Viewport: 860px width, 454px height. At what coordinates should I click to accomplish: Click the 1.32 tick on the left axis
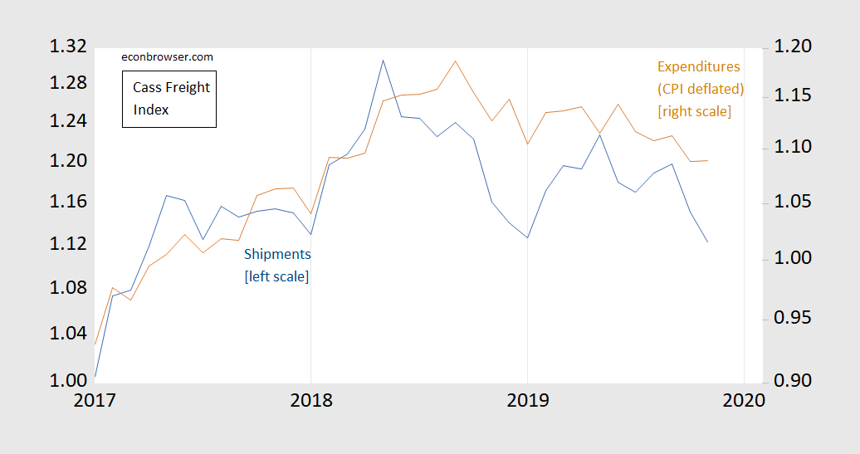pos(68,46)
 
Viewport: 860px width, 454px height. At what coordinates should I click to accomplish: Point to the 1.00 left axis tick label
pos(68,380)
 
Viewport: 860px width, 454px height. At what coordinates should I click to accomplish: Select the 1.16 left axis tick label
pos(68,201)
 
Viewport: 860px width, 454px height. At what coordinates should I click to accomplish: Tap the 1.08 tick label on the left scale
pos(68,287)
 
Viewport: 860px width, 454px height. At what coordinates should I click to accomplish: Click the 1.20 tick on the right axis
pos(793,46)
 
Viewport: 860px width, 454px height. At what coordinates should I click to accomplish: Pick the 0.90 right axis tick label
pos(793,380)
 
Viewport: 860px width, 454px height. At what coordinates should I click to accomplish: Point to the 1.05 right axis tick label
pos(793,202)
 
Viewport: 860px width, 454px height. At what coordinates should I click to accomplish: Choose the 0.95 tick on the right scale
pos(793,318)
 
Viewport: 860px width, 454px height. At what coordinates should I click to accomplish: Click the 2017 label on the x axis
pos(95,400)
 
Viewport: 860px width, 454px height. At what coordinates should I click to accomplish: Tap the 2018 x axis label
pos(311,400)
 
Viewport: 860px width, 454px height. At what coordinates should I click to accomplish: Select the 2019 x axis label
pos(528,400)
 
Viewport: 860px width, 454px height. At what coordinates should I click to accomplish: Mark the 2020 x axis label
pos(744,400)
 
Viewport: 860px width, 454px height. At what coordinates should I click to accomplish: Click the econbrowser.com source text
pos(168,57)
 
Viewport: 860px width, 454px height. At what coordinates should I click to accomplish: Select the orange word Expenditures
pos(699,67)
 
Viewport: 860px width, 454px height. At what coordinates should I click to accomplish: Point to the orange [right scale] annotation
pos(694,111)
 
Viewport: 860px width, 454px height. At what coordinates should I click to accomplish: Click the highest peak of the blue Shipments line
pos(383,61)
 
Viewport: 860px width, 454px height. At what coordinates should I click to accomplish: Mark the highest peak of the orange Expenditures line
pos(455,61)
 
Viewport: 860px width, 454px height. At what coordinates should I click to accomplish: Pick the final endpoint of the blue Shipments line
pos(707,242)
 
